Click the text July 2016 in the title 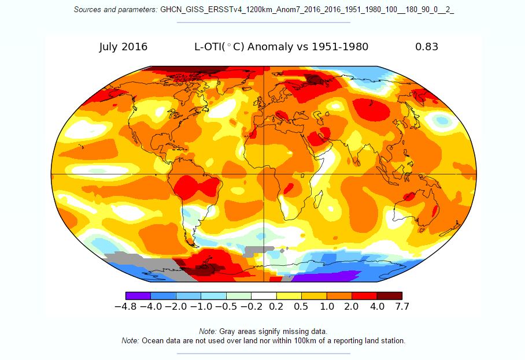click(x=123, y=47)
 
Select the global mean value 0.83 click(x=427, y=47)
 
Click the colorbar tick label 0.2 click(x=276, y=307)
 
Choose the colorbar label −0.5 click(x=226, y=307)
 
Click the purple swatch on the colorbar click(x=138, y=296)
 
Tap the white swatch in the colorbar click(x=264, y=296)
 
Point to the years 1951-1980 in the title click(x=339, y=47)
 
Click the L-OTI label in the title click(x=209, y=47)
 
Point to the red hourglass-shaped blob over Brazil click(x=197, y=188)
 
